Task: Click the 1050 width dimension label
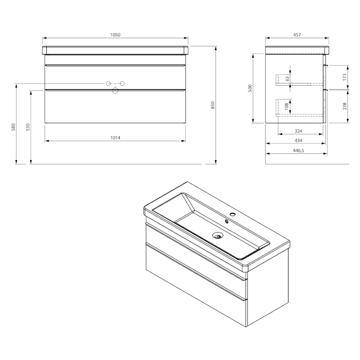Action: [115, 35]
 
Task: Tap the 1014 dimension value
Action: [115, 138]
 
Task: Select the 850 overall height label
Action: [212, 105]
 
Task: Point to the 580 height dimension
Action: [13, 127]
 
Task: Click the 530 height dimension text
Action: [28, 127]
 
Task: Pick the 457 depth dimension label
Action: [297, 35]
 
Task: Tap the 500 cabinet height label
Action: [250, 88]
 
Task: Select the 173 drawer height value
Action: [344, 77]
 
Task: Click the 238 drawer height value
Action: [344, 106]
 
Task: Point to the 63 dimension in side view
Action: [288, 79]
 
